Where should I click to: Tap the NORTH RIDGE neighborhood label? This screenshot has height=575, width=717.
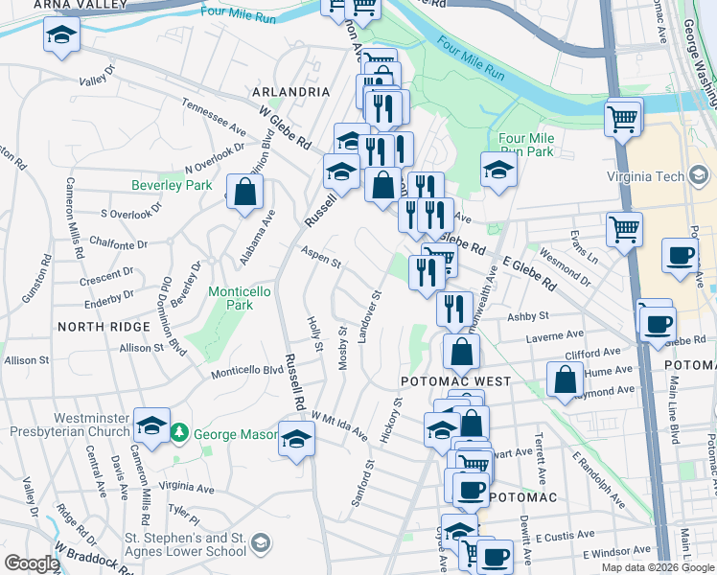(104, 327)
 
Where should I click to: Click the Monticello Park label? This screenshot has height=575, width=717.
(231, 297)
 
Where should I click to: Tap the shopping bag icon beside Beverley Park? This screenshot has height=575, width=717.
(245, 191)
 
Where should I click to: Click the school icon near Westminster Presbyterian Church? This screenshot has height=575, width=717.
(151, 425)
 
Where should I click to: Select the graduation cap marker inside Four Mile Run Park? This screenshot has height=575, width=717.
(498, 171)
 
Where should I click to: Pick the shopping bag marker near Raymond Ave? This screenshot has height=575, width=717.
(565, 379)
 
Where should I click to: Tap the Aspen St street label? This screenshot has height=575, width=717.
(321, 257)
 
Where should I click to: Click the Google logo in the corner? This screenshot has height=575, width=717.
(32, 563)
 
